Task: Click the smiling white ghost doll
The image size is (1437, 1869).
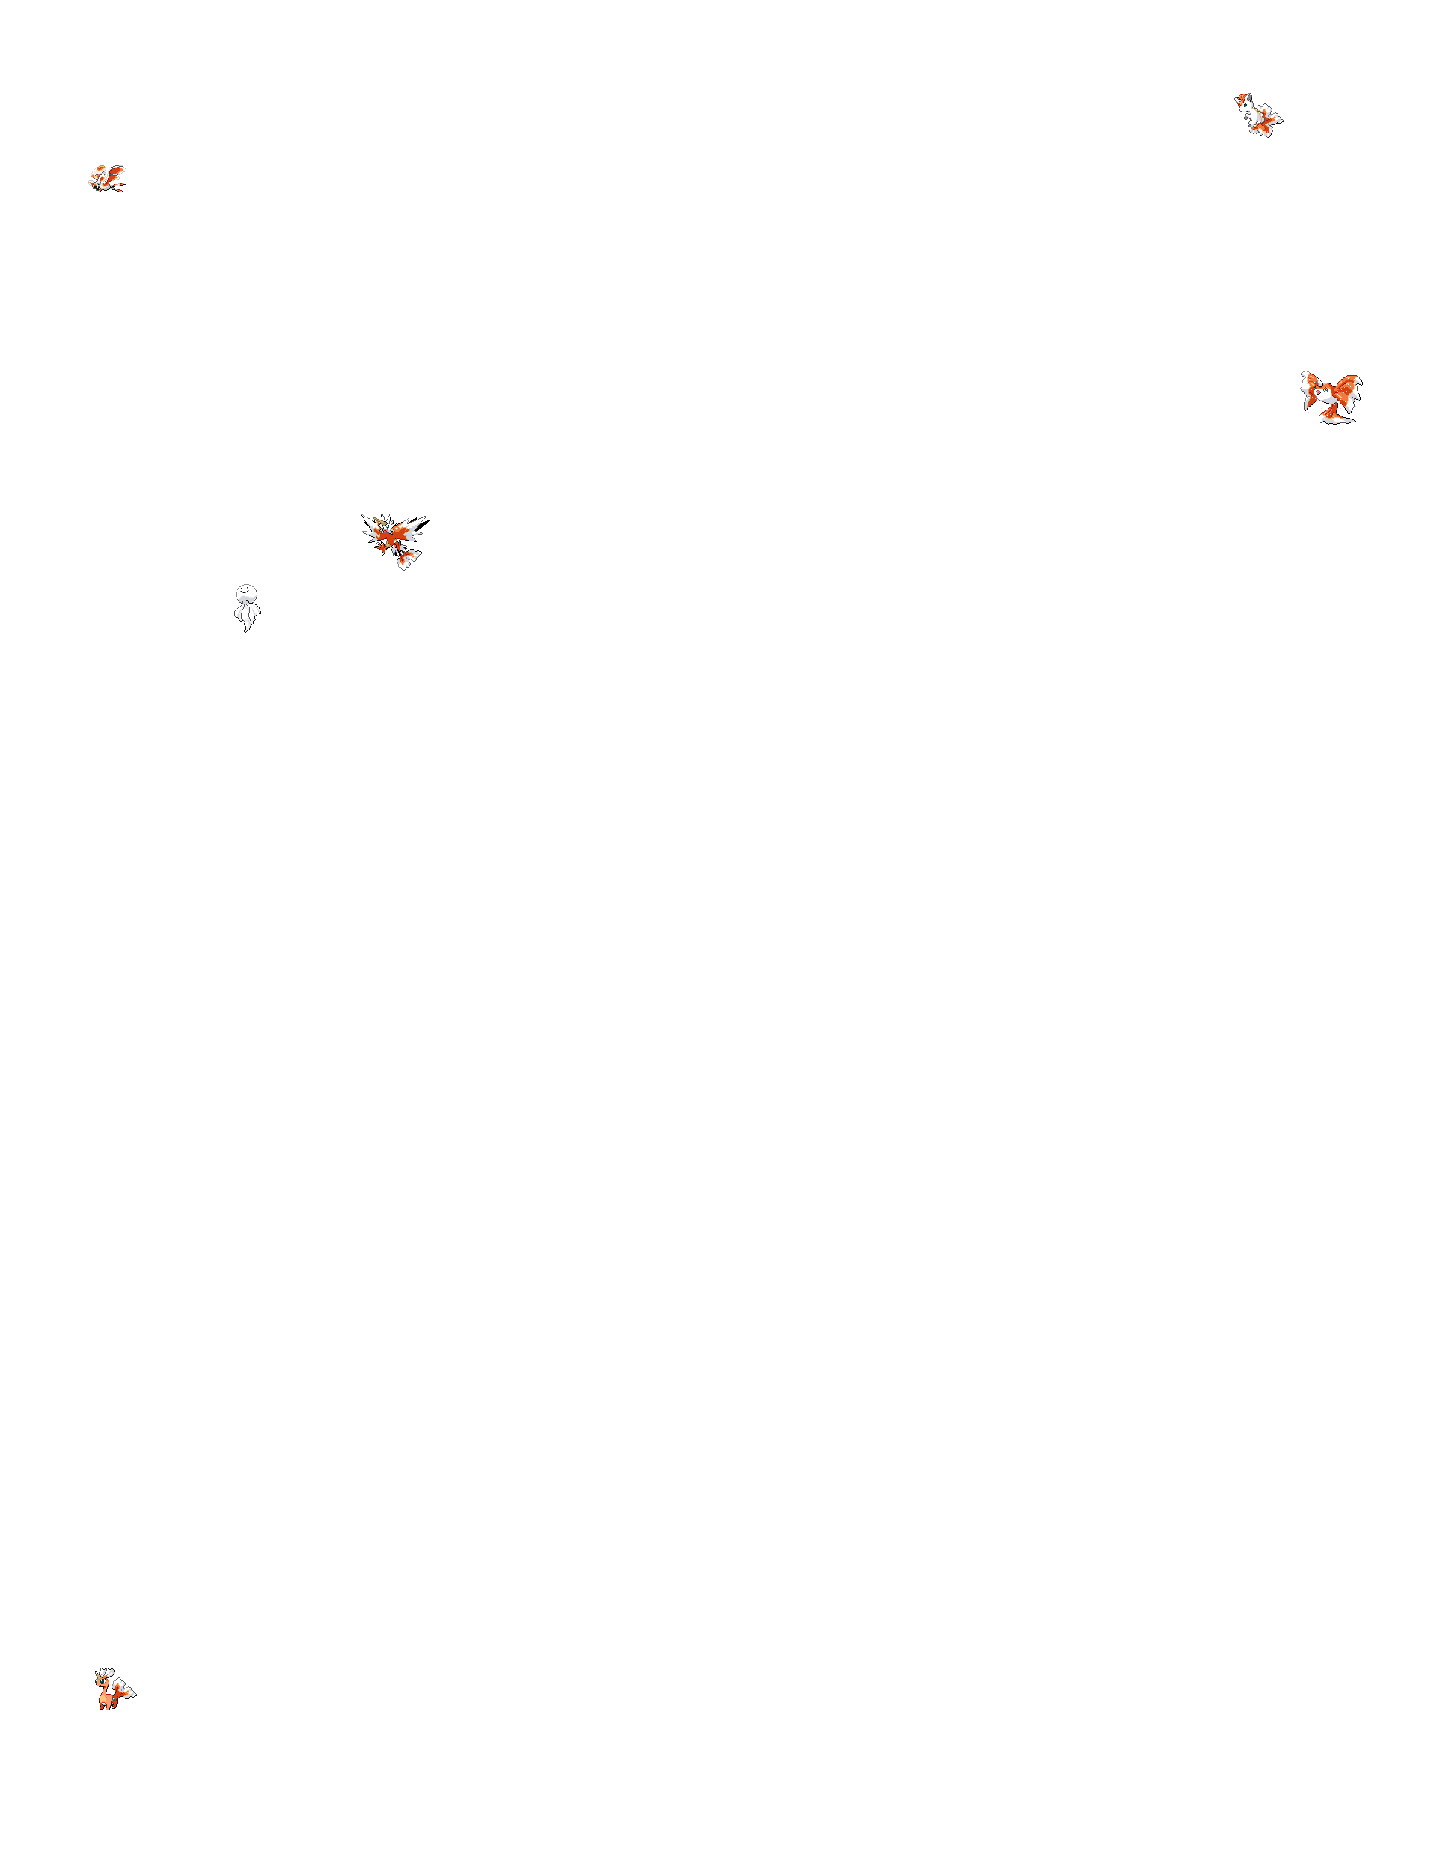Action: point(247,607)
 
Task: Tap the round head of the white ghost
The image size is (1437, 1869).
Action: point(245,593)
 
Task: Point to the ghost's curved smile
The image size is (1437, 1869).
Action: point(245,591)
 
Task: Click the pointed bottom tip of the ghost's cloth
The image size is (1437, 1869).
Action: point(248,630)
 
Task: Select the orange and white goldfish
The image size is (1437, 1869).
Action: point(1331,395)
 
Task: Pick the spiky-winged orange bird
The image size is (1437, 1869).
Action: point(393,538)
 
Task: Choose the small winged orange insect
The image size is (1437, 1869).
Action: point(108,178)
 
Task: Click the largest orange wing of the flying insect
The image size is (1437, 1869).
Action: point(115,172)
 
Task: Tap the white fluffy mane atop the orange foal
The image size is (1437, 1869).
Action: point(106,1673)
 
